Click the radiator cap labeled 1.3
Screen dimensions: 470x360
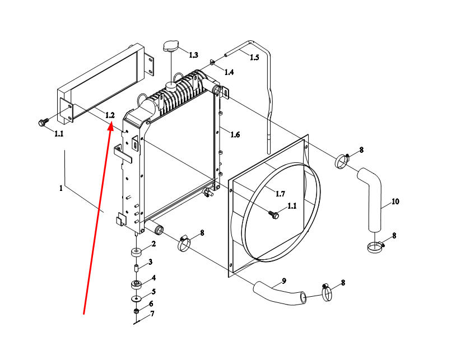[x=170, y=46]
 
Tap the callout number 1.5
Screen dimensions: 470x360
[x=254, y=57]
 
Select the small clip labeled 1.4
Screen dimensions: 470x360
[x=212, y=62]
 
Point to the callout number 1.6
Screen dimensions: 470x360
[x=235, y=134]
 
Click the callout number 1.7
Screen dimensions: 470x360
[x=280, y=194]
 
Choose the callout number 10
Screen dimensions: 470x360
[x=395, y=202]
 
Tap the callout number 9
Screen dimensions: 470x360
[x=284, y=281]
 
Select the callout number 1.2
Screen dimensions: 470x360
[x=110, y=115]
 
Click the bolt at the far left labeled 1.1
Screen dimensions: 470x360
[x=43, y=122]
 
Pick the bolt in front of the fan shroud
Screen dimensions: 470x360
[x=274, y=214]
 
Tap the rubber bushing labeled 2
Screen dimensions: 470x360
[x=136, y=251]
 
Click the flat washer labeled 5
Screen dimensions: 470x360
[x=137, y=298]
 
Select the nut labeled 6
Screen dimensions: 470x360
[x=136, y=311]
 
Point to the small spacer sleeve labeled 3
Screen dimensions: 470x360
[x=136, y=268]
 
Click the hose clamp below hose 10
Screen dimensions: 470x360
[x=375, y=246]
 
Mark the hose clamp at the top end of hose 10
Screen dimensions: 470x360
[x=342, y=161]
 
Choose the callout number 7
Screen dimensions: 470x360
[x=152, y=314]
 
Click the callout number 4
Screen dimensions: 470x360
[x=153, y=278]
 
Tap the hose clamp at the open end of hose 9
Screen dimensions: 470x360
[x=327, y=292]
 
